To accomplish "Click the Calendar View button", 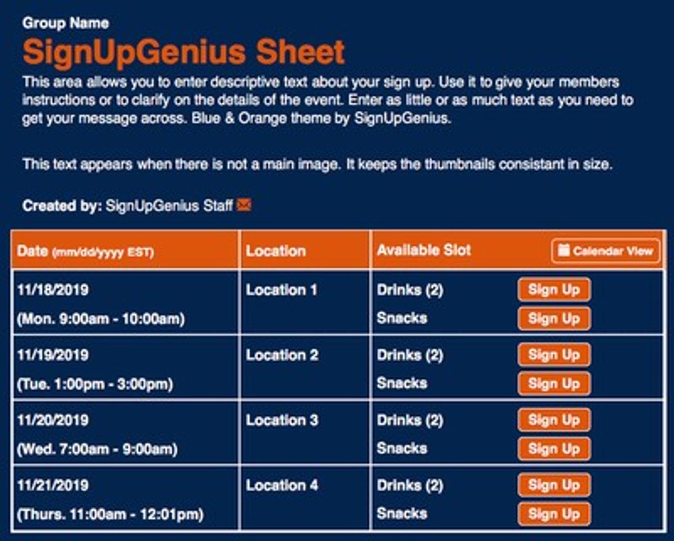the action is coord(606,251).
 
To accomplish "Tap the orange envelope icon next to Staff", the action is coord(244,205).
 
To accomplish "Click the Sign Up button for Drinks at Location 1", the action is coord(554,290).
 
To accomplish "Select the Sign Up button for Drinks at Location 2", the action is coord(554,355).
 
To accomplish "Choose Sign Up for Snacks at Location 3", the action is coord(554,449).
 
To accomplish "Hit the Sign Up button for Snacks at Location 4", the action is coord(554,514).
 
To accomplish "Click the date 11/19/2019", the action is coord(53,355).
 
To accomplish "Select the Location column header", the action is coord(275,251).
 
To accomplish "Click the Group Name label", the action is coord(66,23).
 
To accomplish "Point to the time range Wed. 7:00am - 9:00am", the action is coord(97,449).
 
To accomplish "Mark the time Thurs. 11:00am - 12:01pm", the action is coord(110,514).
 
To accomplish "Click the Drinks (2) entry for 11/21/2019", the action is coord(410,485).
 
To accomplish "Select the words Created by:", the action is coord(62,206).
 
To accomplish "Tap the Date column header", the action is coord(86,251).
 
